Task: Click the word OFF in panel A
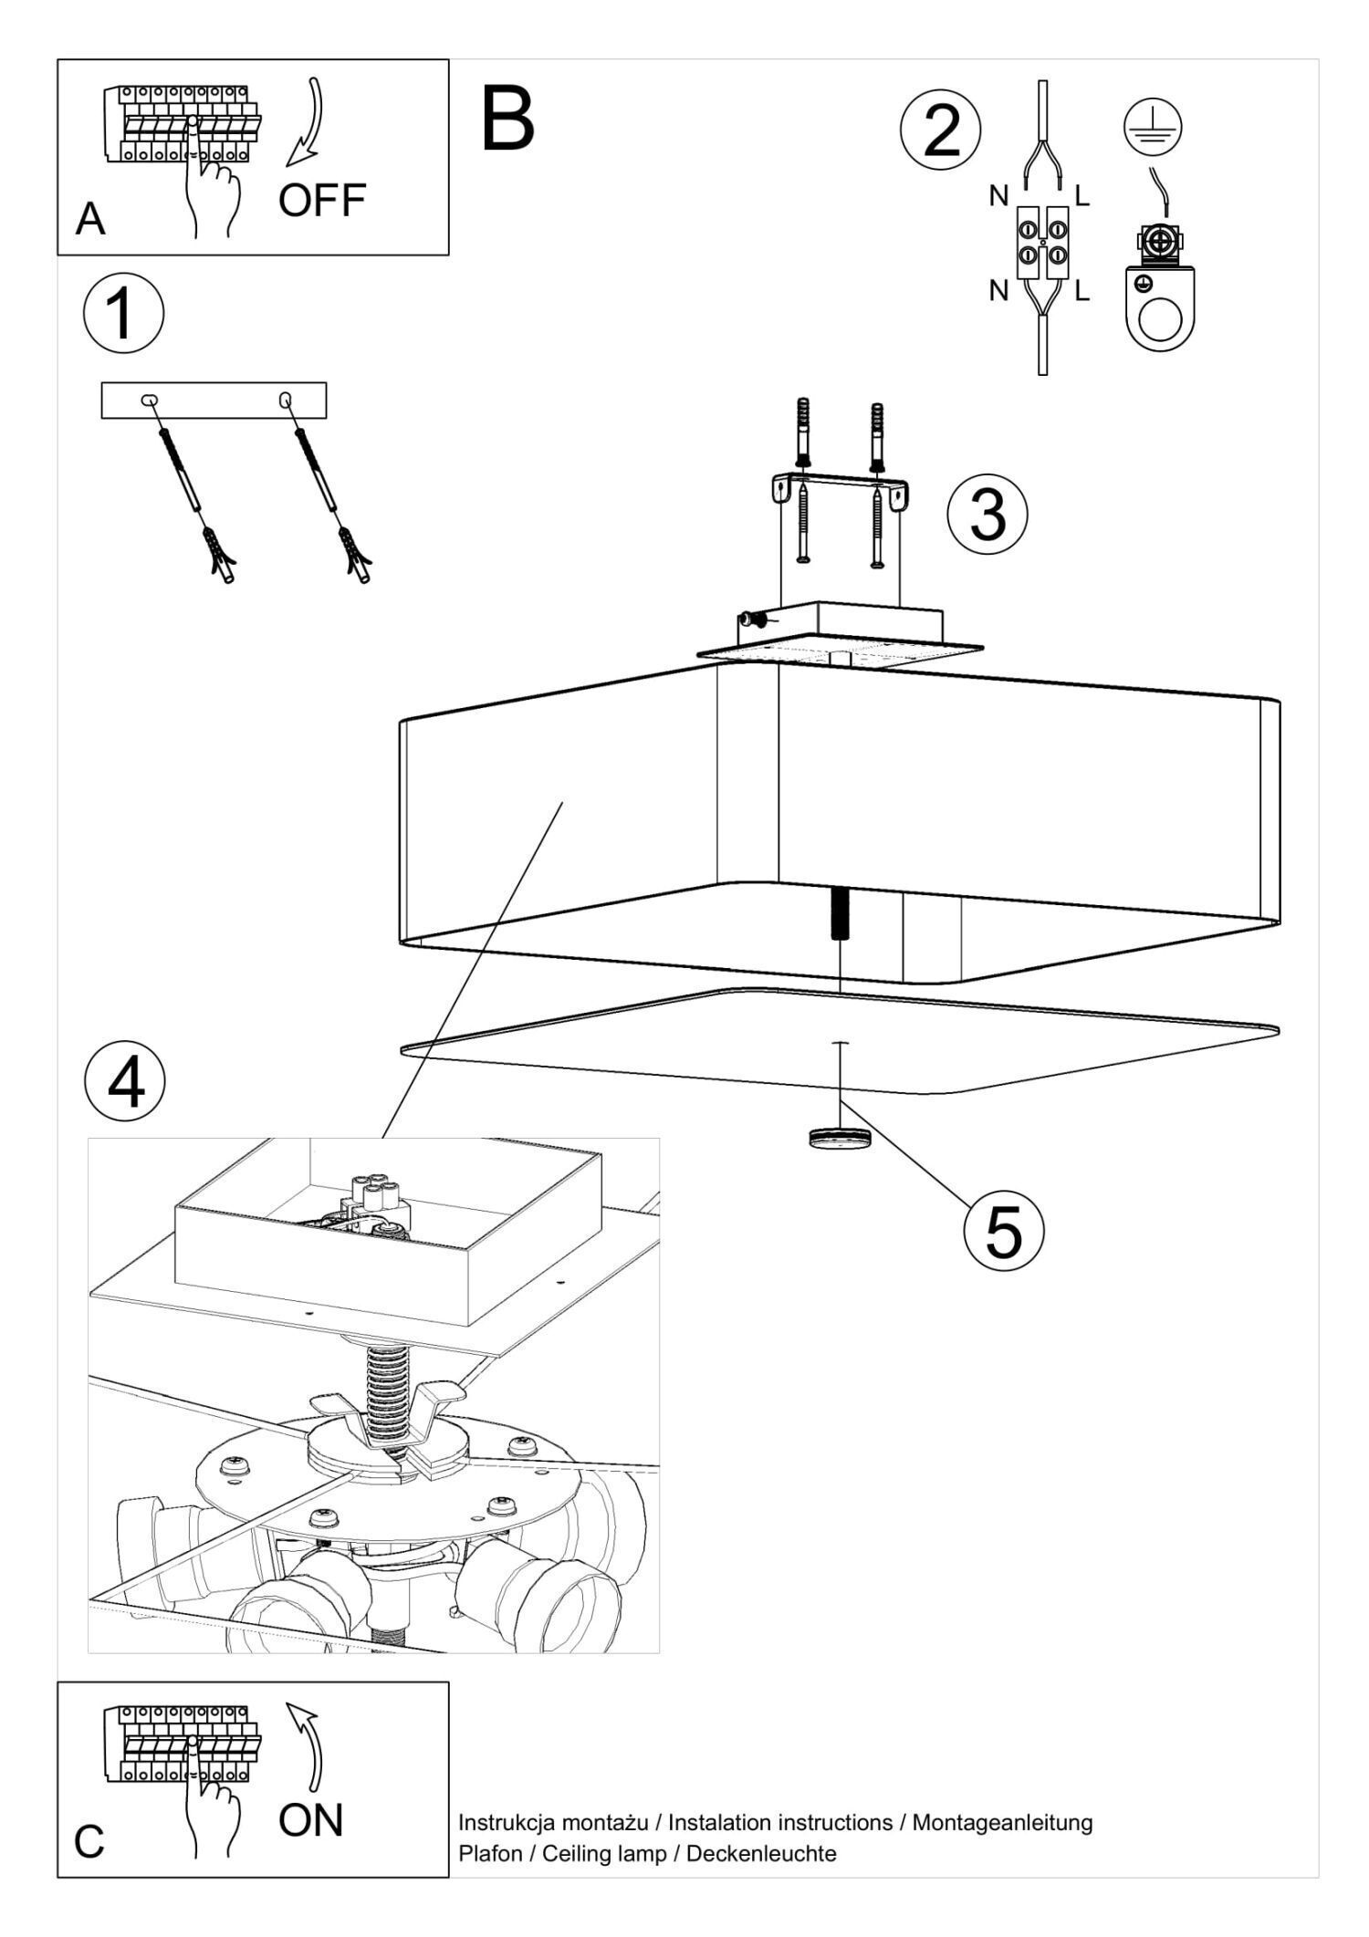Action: (x=321, y=200)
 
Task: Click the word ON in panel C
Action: (x=310, y=1819)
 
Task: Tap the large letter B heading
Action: (x=507, y=120)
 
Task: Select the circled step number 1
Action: (x=123, y=313)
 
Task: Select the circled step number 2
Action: (x=941, y=130)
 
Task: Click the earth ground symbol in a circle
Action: (x=1152, y=125)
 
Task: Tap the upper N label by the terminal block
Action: (x=998, y=195)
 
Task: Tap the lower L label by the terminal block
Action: (x=1082, y=291)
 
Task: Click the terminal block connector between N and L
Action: (x=1043, y=242)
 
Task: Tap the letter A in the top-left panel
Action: (x=90, y=219)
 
